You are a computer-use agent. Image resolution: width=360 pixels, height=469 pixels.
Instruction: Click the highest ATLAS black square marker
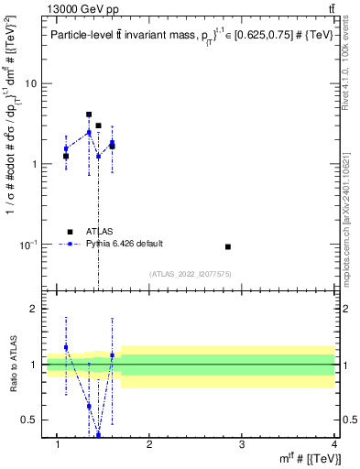pyautogui.click(x=89, y=115)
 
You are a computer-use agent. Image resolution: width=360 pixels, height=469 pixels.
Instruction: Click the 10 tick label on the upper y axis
pyautogui.click(x=28, y=83)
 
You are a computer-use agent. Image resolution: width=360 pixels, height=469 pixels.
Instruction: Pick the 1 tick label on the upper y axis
pyautogui.click(x=31, y=164)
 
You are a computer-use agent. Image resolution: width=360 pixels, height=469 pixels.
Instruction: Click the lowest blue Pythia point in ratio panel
pyautogui.click(x=98, y=434)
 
